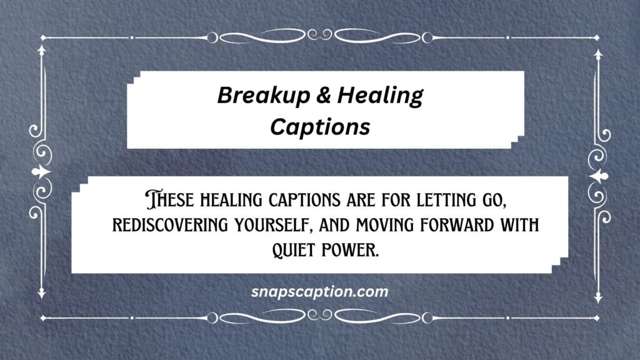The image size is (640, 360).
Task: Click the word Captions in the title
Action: [x=320, y=126]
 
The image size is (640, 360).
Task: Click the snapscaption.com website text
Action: [x=319, y=291]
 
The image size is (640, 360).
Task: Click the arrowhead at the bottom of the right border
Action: [x=597, y=294]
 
